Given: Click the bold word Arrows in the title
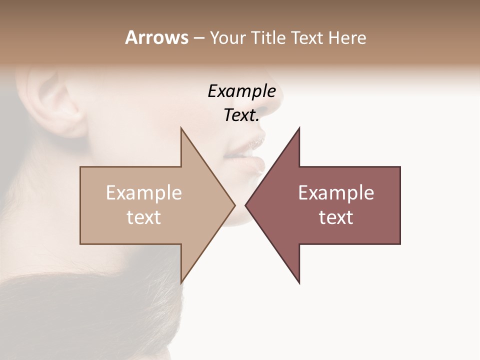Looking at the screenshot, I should pyautogui.click(x=156, y=37).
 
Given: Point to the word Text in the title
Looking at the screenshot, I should pyautogui.click(x=308, y=38).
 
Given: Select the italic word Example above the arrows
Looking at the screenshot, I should pyautogui.click(x=242, y=91).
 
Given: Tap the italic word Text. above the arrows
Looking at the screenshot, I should pyautogui.click(x=241, y=115).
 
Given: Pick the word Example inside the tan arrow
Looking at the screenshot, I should pyautogui.click(x=144, y=193).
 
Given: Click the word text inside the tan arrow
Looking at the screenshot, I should pyautogui.click(x=144, y=217).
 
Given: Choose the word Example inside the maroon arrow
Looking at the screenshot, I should pyautogui.click(x=336, y=193).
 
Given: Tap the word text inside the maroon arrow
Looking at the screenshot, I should pyautogui.click(x=336, y=217).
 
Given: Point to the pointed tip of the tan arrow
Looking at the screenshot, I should pyautogui.click(x=234, y=205).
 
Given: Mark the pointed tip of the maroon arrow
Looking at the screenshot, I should pyautogui.click(x=246, y=205).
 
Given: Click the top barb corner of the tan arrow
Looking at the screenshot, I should pyautogui.click(x=181, y=128).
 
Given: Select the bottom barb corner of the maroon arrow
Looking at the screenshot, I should pyautogui.click(x=299, y=282).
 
